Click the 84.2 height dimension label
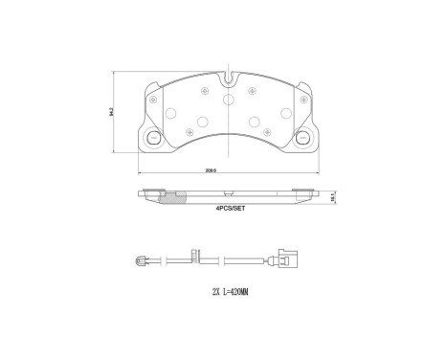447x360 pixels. [112, 112]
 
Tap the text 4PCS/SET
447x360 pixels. [230, 208]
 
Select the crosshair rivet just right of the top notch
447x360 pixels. [253, 91]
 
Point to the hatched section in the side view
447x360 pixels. [171, 200]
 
